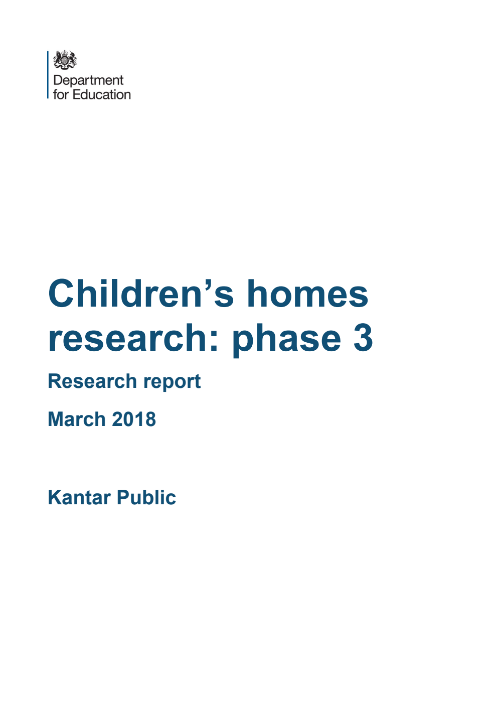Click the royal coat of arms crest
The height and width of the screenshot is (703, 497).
coord(65,60)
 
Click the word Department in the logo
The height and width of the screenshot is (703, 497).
coord(88,80)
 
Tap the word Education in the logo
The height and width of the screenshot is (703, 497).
coord(102,94)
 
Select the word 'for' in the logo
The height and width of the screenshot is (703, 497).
coord(61,94)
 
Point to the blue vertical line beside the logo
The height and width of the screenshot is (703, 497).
coord(49,75)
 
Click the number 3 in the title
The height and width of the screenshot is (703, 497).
coord(363,338)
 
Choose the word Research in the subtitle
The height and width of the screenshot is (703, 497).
coord(92,381)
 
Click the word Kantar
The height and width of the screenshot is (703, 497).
coord(79,498)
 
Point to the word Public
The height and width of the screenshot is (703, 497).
coord(146,498)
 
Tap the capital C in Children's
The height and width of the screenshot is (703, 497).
coord(63,294)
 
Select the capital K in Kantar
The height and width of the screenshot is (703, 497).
coord(54,498)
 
